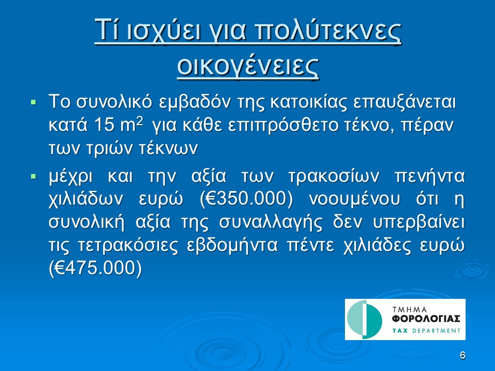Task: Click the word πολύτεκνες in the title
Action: click(328, 31)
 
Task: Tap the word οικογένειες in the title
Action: click(248, 67)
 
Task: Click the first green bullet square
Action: click(34, 102)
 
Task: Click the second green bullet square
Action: click(34, 176)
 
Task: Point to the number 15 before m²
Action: click(105, 126)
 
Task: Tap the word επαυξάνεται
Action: click(405, 103)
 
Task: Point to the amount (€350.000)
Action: click(247, 199)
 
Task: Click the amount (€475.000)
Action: click(95, 268)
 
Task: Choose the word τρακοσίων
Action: click(334, 177)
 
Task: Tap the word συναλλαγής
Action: click(271, 223)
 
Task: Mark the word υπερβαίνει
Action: click(419, 223)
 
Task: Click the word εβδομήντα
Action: click(233, 246)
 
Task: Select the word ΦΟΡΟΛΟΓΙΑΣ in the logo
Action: click(426, 319)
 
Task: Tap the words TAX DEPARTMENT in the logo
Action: click(426, 331)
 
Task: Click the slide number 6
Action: click(463, 356)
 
